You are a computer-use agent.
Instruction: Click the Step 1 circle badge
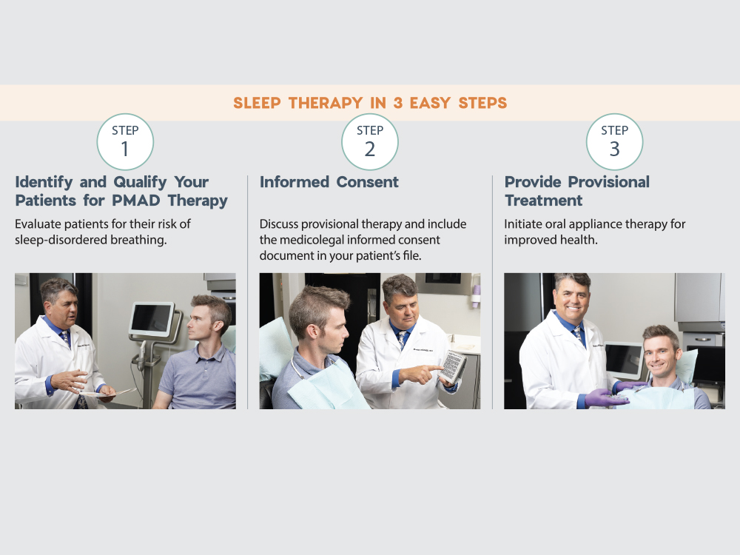tap(125, 141)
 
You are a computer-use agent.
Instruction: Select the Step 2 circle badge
tap(370, 141)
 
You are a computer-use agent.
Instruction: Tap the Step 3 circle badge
tap(615, 141)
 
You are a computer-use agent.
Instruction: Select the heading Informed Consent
tap(329, 182)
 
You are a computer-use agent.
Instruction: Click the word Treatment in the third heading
tap(544, 201)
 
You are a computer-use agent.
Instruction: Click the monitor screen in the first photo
tap(152, 319)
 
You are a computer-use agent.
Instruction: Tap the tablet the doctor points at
tap(452, 366)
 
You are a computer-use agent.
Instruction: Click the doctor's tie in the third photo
tap(577, 337)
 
